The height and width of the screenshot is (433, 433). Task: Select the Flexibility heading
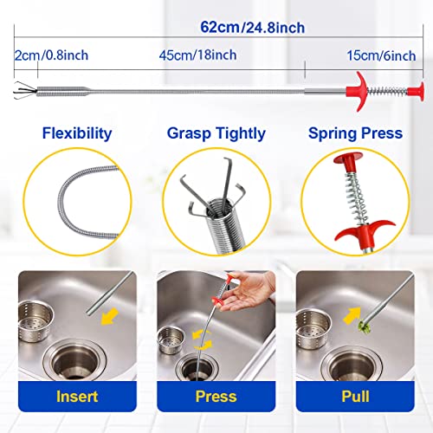click(x=76, y=133)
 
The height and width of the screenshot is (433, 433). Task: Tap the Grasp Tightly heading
click(x=216, y=133)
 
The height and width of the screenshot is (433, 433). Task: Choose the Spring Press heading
click(x=355, y=133)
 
